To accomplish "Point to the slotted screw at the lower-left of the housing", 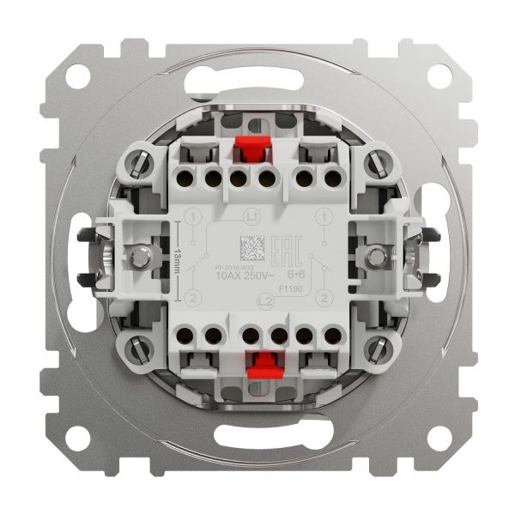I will [x=140, y=348].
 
